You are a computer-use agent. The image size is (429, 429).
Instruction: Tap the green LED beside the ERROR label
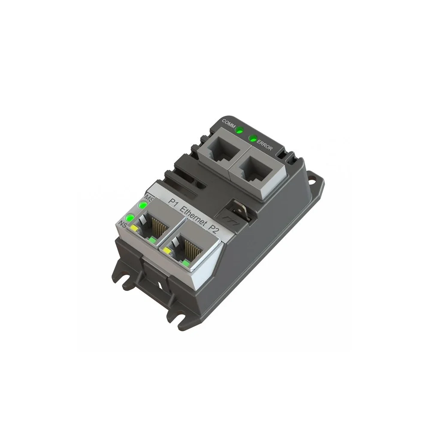[x=254, y=138]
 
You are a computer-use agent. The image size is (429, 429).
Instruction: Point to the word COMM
[x=228, y=123]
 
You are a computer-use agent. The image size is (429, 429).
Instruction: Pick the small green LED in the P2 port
[x=186, y=261]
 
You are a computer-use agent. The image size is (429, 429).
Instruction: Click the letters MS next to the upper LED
[x=150, y=198]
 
